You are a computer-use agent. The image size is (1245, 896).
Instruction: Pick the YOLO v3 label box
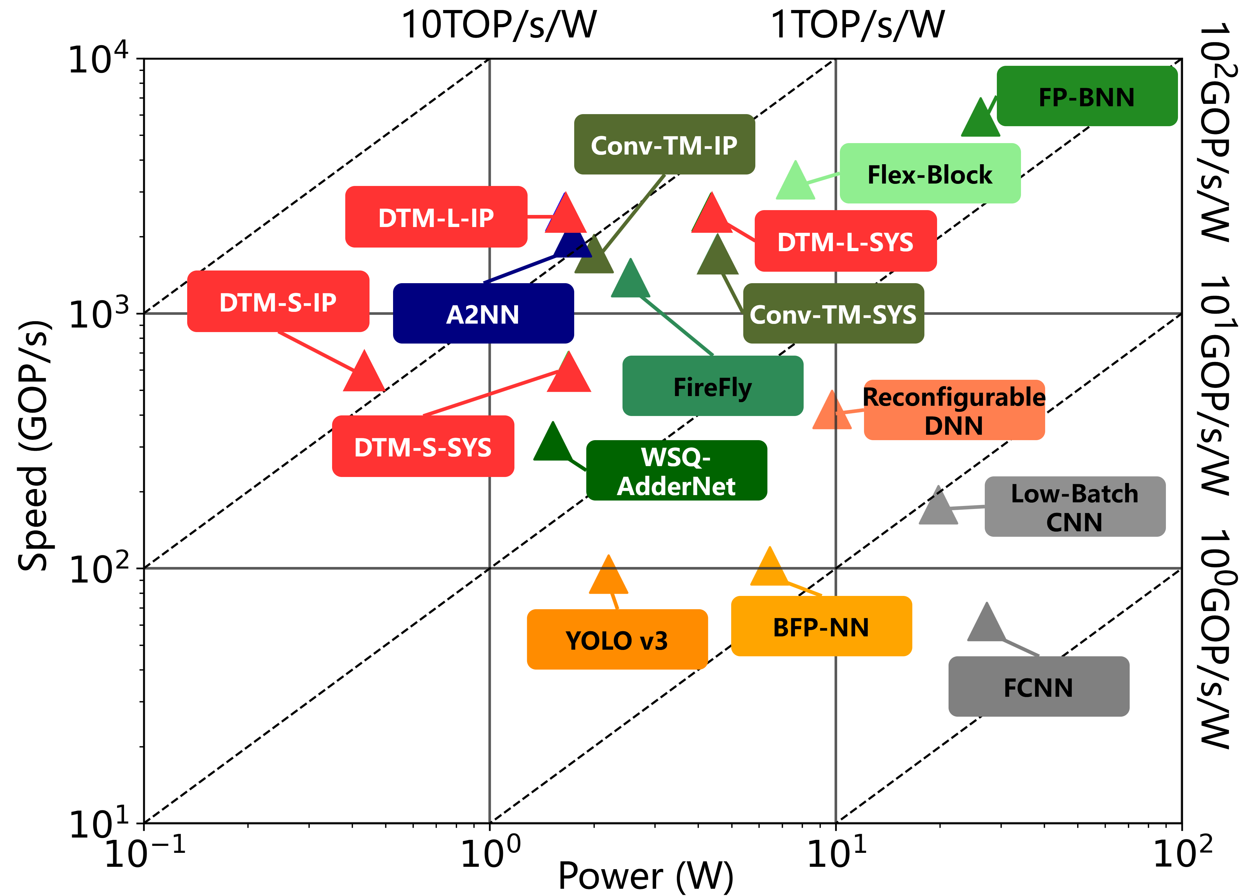tap(617, 640)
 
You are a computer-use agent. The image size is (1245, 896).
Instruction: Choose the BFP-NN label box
tap(821, 626)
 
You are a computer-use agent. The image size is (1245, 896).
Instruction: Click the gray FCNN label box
tap(1039, 687)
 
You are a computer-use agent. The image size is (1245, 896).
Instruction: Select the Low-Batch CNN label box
tap(1075, 507)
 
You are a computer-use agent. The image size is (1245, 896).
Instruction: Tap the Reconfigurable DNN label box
tap(954, 410)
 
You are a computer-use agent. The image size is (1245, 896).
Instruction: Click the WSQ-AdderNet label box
tap(676, 471)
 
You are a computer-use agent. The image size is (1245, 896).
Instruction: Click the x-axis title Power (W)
tap(645, 876)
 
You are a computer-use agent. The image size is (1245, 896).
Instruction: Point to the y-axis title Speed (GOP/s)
tap(34, 446)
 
